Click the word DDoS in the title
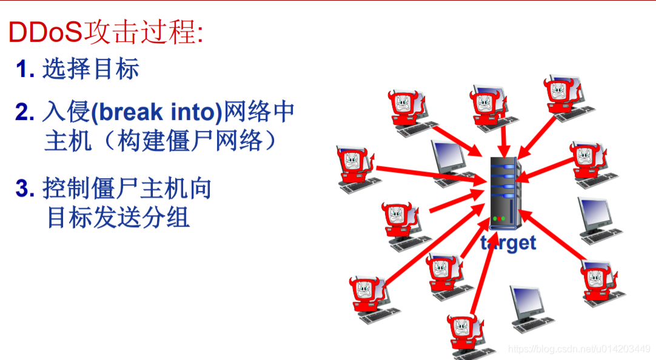(x=45, y=32)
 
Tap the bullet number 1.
(x=24, y=69)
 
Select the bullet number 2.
(x=25, y=112)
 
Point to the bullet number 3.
(x=25, y=188)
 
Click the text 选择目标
(x=91, y=69)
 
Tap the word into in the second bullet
(x=193, y=112)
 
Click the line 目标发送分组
(x=119, y=216)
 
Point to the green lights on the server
(x=499, y=218)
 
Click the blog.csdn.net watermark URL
(x=578, y=349)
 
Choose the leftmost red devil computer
(x=356, y=169)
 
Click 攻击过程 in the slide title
(x=141, y=32)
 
